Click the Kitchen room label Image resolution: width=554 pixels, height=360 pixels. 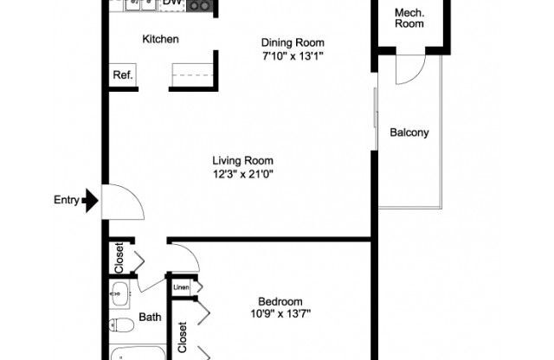coord(160,39)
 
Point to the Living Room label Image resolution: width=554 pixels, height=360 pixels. coord(243,160)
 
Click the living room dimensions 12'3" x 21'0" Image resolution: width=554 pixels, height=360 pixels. coord(243,173)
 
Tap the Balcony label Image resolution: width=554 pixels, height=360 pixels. coord(409,132)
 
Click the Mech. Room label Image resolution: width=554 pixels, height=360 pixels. coord(409,18)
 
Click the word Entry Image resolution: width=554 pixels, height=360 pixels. coord(67,201)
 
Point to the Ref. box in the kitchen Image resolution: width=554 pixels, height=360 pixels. coord(122,75)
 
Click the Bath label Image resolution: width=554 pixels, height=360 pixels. coord(150,318)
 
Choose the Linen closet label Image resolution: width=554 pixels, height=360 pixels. coord(182,287)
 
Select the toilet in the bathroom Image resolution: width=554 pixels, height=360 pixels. coord(122,326)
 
